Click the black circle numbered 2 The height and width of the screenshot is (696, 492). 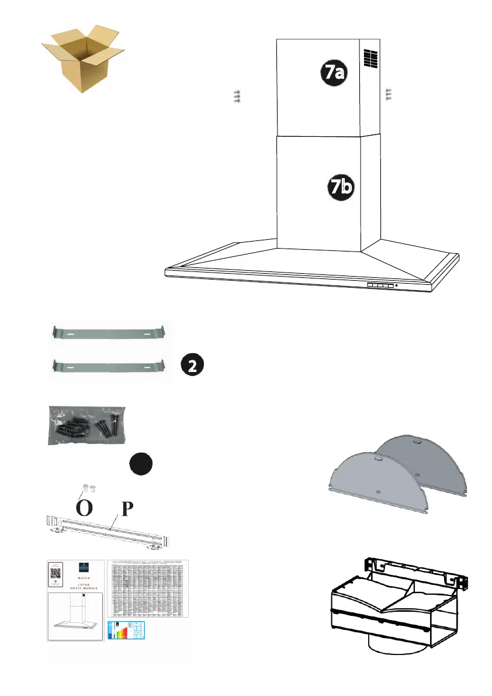pyautogui.click(x=192, y=365)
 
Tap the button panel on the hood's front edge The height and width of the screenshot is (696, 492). pyautogui.click(x=381, y=285)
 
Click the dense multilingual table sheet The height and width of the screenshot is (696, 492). pyautogui.click(x=149, y=588)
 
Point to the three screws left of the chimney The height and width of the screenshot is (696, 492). pyautogui.click(x=237, y=97)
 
